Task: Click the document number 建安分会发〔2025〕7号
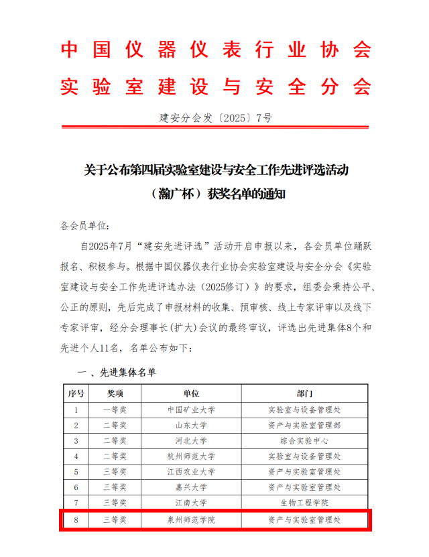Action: click(x=216, y=118)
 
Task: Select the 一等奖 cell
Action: click(x=115, y=409)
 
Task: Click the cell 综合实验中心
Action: click(x=304, y=440)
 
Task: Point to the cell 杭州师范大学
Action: click(x=191, y=456)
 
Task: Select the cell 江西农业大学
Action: click(x=191, y=471)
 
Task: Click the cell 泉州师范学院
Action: click(x=191, y=519)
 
